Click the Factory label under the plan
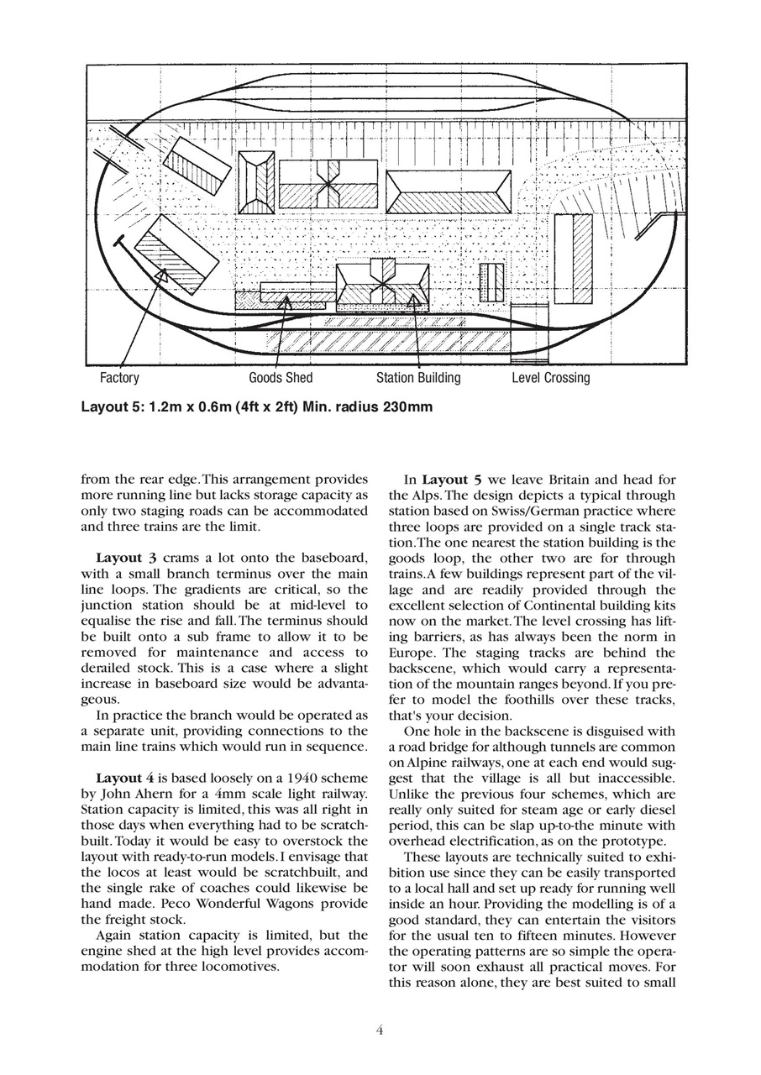[x=119, y=378]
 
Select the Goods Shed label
[x=281, y=378]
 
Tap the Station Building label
[x=418, y=378]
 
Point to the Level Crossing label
[x=551, y=378]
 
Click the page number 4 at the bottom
[x=380, y=1030]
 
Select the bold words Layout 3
[x=126, y=558]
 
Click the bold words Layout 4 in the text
[x=126, y=776]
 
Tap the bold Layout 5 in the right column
[x=452, y=480]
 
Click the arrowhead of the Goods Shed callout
[x=287, y=299]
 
